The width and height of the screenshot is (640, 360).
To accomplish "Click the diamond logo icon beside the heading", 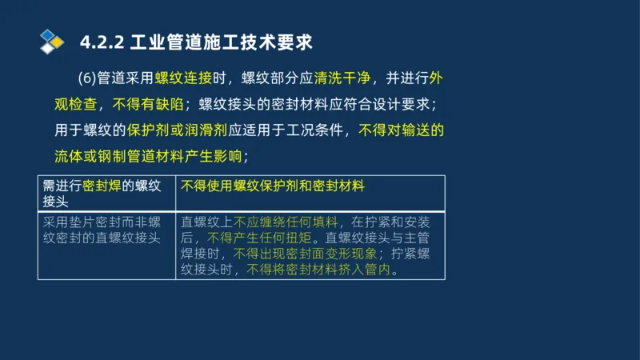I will [x=51, y=40].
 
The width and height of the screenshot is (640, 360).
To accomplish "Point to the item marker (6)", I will [x=86, y=78].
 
